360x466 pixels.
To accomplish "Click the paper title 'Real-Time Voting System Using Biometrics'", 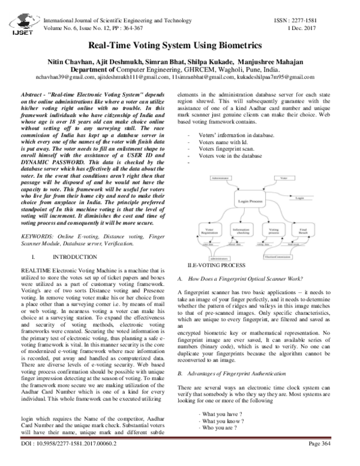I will (x=179, y=45).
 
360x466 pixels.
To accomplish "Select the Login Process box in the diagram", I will (x=251, y=201).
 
